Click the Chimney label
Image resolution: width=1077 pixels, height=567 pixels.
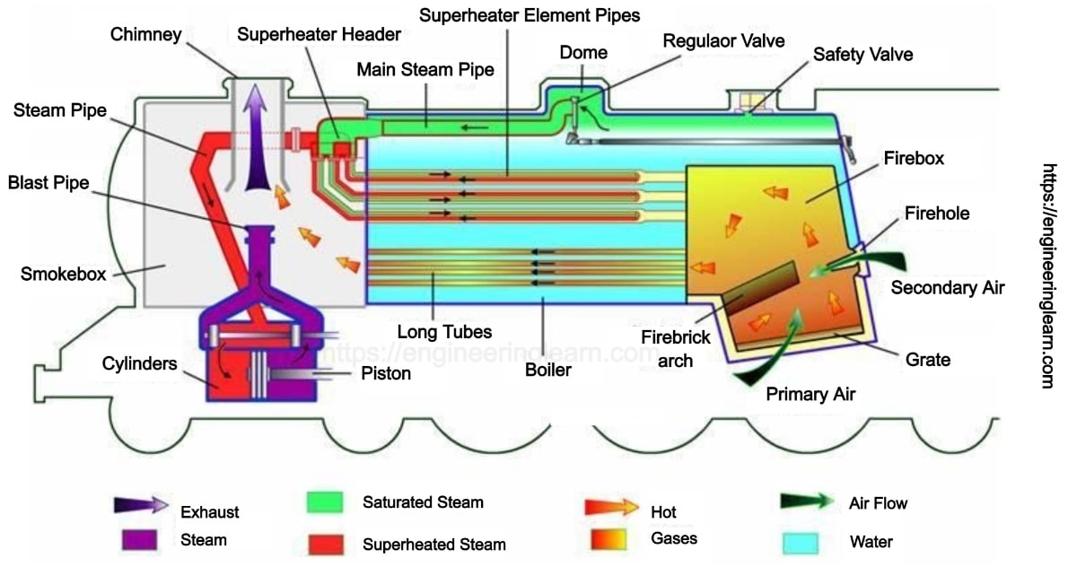point(146,34)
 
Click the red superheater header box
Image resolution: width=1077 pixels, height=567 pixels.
point(342,147)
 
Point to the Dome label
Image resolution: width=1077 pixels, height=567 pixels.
point(583,53)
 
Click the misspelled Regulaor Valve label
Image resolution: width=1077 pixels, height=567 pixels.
point(723,40)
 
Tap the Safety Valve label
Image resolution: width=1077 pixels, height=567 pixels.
point(862,55)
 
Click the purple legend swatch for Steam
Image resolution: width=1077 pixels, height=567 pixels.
point(136,539)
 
